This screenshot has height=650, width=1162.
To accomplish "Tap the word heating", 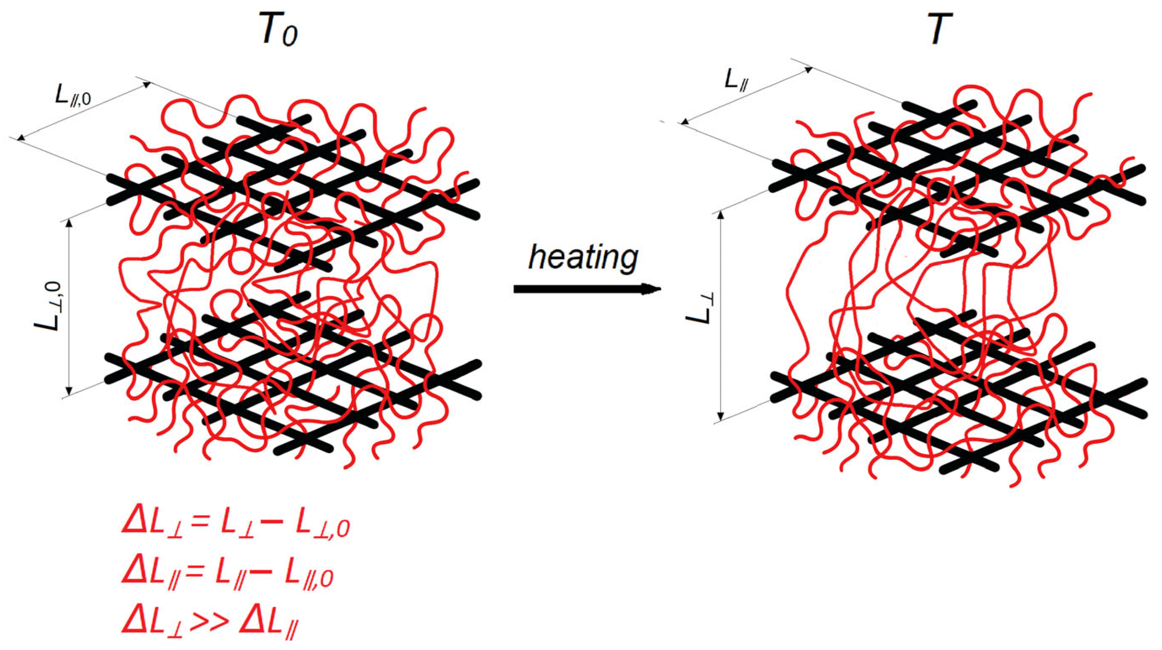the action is (582, 258).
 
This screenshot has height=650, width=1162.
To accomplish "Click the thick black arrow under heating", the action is (586, 289).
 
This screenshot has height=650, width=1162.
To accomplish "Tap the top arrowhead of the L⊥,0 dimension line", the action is (69, 224).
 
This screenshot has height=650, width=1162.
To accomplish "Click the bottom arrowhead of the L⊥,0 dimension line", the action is (69, 391).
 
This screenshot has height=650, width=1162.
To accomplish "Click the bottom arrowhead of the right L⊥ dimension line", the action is (720, 415).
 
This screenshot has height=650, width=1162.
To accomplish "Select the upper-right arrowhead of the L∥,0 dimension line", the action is (146, 84).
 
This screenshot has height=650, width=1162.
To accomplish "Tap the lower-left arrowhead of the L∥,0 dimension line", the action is (21, 137).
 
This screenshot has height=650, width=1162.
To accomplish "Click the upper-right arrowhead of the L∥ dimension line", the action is (808, 70).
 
